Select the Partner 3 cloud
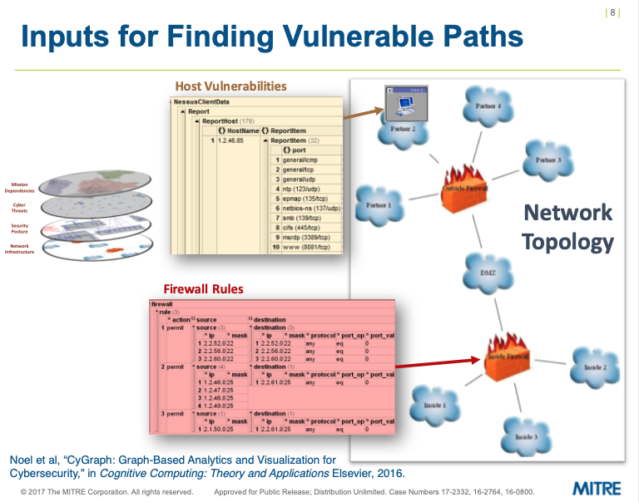547,160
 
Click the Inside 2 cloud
593,367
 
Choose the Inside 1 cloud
434,405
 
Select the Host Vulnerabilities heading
230,86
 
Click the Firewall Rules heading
203,289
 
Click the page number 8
613,12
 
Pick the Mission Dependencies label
20,187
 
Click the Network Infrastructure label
20,249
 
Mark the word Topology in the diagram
567,242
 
